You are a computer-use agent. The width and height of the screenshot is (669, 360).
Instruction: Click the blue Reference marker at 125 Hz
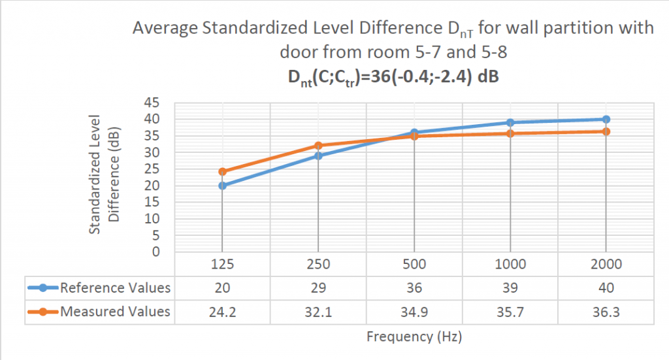coord(222,186)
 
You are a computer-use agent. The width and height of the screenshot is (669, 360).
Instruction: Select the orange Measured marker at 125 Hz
coord(222,172)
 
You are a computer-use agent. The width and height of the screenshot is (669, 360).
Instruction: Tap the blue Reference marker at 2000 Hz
coord(606,119)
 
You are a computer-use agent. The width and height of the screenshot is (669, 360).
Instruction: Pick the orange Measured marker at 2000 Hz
coord(606,131)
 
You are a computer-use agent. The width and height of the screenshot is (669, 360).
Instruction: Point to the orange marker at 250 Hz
coord(318,146)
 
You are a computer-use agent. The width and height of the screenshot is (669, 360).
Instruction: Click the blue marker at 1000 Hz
coord(510,122)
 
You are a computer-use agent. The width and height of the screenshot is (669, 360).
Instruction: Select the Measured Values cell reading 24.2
coord(222,311)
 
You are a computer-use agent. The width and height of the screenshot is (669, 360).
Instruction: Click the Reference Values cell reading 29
coord(318,287)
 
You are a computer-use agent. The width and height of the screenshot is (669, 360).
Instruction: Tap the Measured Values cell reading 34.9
coord(414,311)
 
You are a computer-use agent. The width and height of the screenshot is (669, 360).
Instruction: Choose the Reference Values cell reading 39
coord(510,287)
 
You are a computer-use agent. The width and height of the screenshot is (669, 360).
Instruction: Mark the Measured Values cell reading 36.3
coord(606,311)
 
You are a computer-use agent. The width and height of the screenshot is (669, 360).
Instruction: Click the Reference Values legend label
coord(115,287)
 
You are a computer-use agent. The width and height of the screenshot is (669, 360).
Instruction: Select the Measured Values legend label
coord(115,311)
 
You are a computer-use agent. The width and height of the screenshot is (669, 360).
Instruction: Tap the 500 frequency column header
coord(414,264)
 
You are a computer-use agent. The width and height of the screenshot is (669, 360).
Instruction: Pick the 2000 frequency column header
coord(606,264)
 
